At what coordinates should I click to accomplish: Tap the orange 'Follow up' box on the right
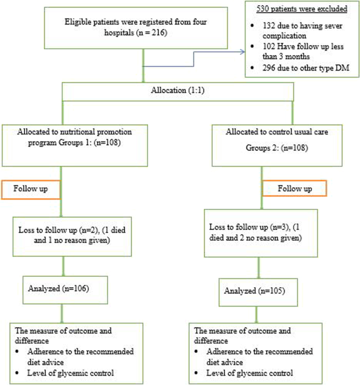tap(294, 188)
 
